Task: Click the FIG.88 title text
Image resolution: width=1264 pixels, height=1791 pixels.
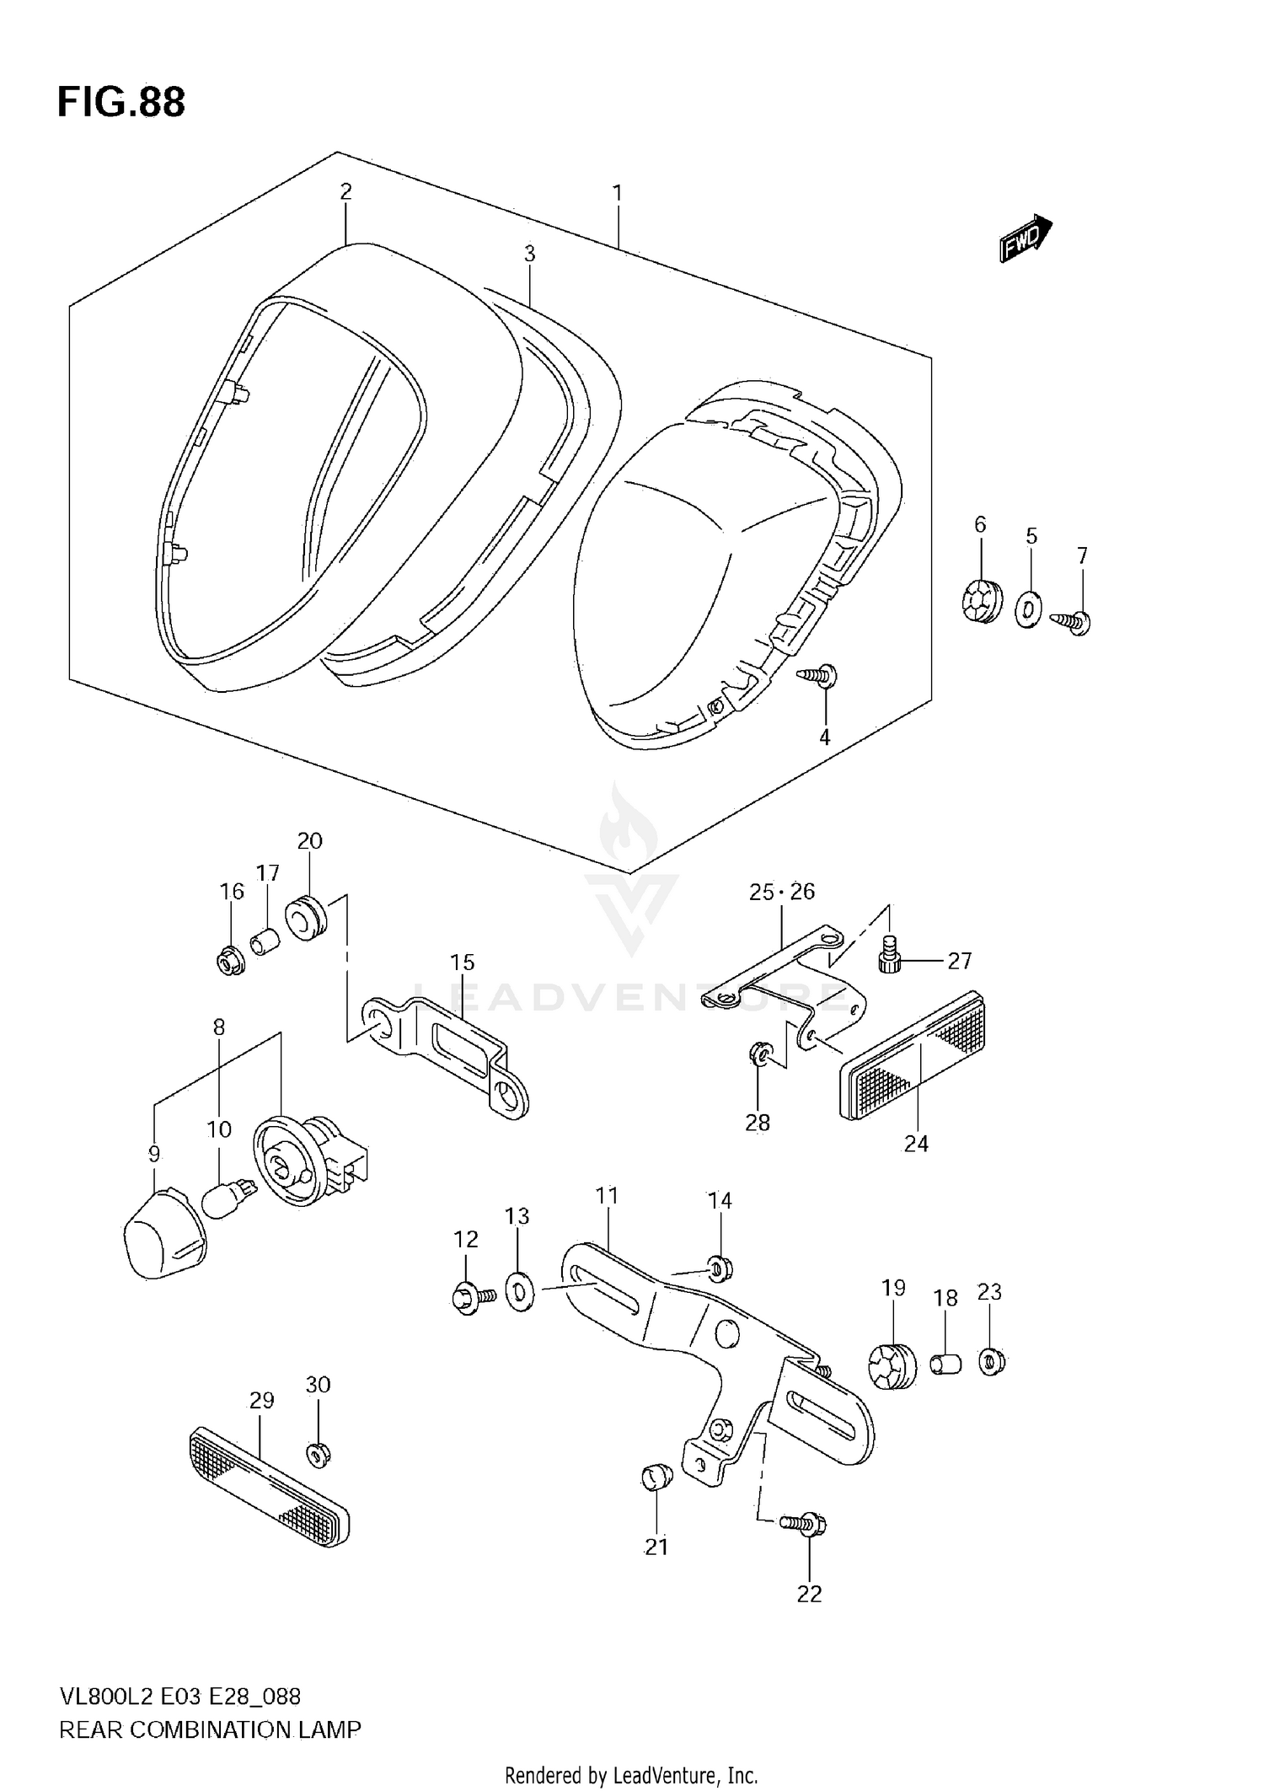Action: (x=121, y=103)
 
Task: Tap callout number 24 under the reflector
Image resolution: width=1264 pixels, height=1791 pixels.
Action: (x=916, y=1144)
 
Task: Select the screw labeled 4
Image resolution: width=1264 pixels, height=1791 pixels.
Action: (x=818, y=675)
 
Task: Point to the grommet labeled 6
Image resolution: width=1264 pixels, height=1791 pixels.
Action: (x=980, y=601)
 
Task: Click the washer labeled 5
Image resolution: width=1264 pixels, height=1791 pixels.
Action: (x=1029, y=610)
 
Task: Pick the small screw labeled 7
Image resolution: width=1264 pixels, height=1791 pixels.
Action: (x=1072, y=622)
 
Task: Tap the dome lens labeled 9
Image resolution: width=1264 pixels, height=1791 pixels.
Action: (x=163, y=1235)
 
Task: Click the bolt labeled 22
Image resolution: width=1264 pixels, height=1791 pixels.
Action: (x=806, y=1523)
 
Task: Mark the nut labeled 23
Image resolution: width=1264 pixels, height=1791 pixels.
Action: (x=992, y=1361)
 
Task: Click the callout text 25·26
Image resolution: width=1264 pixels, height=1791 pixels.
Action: (x=781, y=892)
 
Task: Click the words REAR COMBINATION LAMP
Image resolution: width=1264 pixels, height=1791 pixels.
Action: (x=210, y=1729)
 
